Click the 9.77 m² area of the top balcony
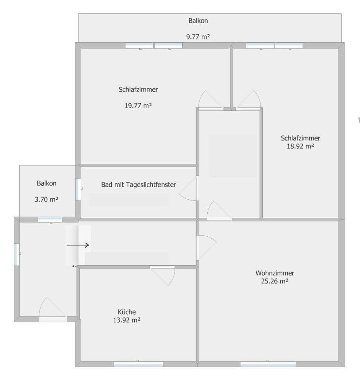pyautogui.click(x=198, y=37)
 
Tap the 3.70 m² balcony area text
pyautogui.click(x=47, y=199)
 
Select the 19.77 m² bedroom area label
pyautogui.click(x=138, y=106)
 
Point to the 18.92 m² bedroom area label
pyautogui.click(x=300, y=146)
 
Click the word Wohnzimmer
pyautogui.click(x=275, y=273)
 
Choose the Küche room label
pyautogui.click(x=127, y=312)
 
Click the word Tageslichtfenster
pyautogui.click(x=151, y=185)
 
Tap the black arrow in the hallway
pyautogui.click(x=78, y=245)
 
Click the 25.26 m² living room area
pyautogui.click(x=275, y=281)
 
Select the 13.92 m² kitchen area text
pyautogui.click(x=127, y=320)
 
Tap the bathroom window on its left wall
pyautogui.click(x=78, y=189)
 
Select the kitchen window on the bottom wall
pyautogui.click(x=138, y=364)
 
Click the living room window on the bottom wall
pyautogui.click(x=268, y=364)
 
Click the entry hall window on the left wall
pyautogui.click(x=17, y=254)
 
